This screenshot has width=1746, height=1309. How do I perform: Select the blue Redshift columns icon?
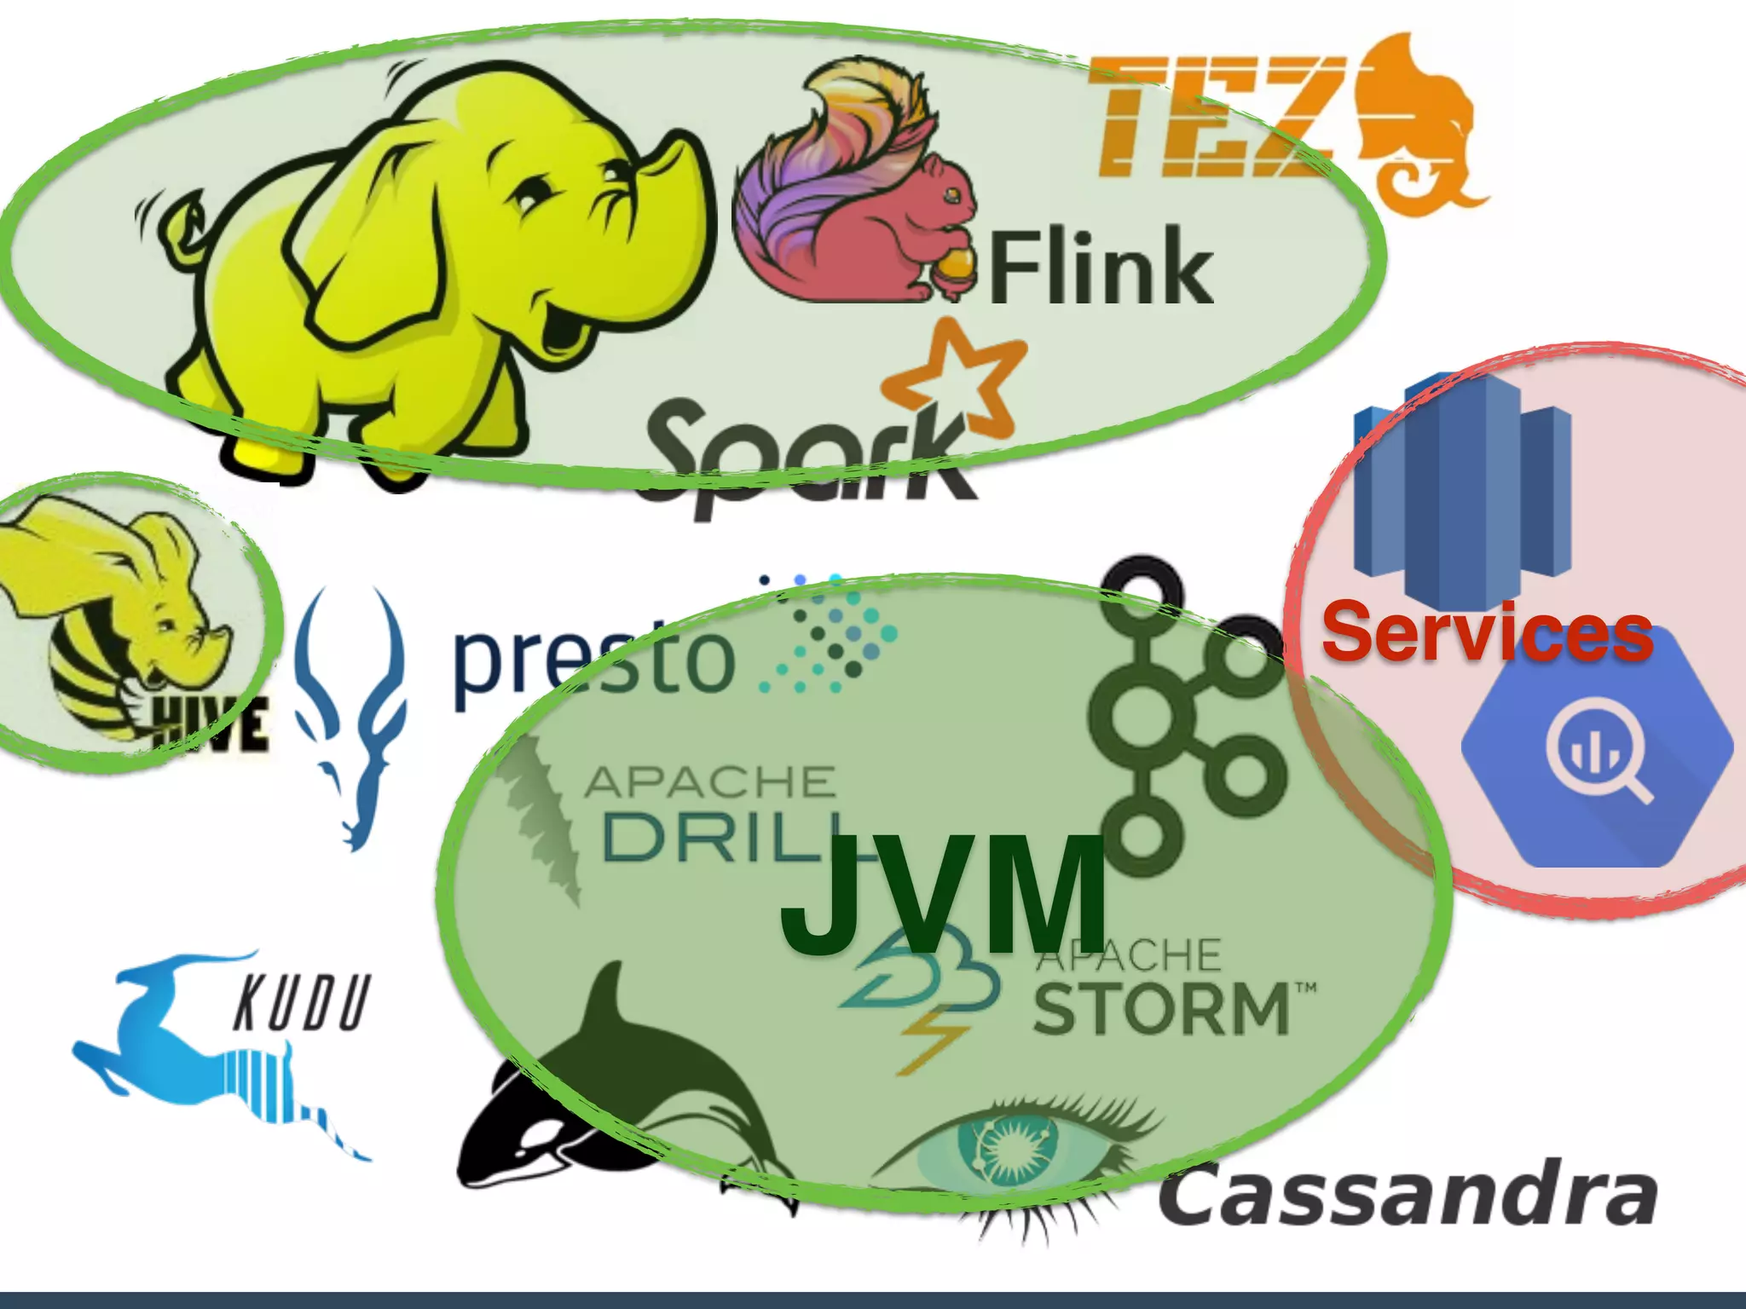pos(1462,486)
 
